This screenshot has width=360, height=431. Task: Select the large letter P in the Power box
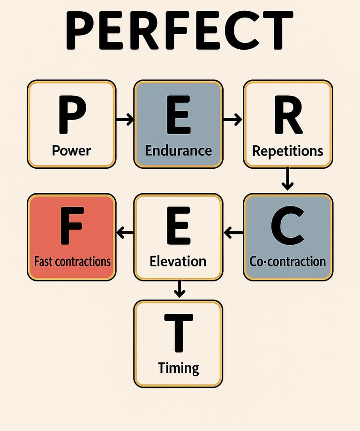point(71,114)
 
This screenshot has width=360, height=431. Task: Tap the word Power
point(71,151)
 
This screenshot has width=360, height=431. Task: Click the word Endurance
point(178,151)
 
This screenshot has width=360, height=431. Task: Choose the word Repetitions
point(288,151)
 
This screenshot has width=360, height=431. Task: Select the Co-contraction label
point(288,261)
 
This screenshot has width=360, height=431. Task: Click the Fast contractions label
point(72,261)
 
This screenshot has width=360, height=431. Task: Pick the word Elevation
point(178,261)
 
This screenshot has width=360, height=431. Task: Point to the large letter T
point(178,333)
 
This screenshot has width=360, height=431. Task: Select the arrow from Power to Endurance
point(125,120)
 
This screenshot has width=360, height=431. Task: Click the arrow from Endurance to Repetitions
point(232,120)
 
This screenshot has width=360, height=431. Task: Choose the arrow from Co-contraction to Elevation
point(233,232)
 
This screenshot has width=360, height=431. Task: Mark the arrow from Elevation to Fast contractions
point(125,232)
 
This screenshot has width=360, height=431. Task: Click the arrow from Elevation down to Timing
point(179,289)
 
